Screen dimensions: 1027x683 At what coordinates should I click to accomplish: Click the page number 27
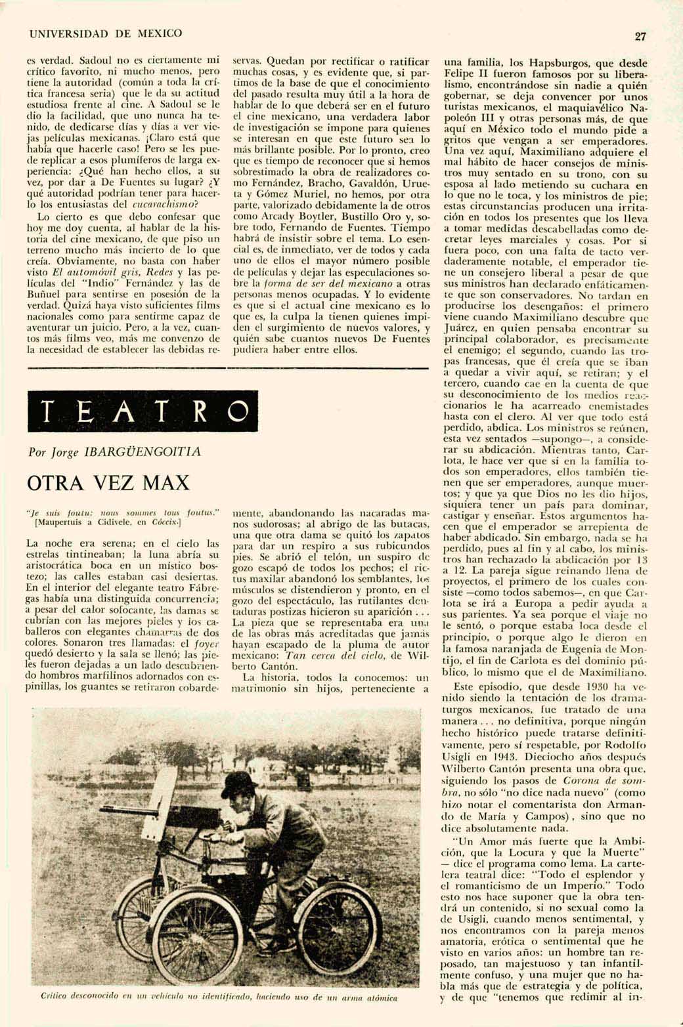tap(640, 37)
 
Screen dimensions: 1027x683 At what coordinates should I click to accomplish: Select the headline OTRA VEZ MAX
tap(108, 483)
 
